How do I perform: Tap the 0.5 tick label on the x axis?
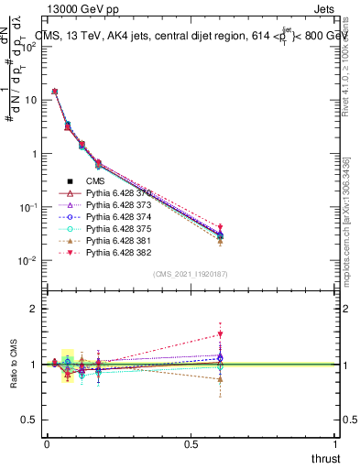tap(191, 443)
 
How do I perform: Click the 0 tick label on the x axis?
tap(47, 443)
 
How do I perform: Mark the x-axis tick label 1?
tap(336, 443)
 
